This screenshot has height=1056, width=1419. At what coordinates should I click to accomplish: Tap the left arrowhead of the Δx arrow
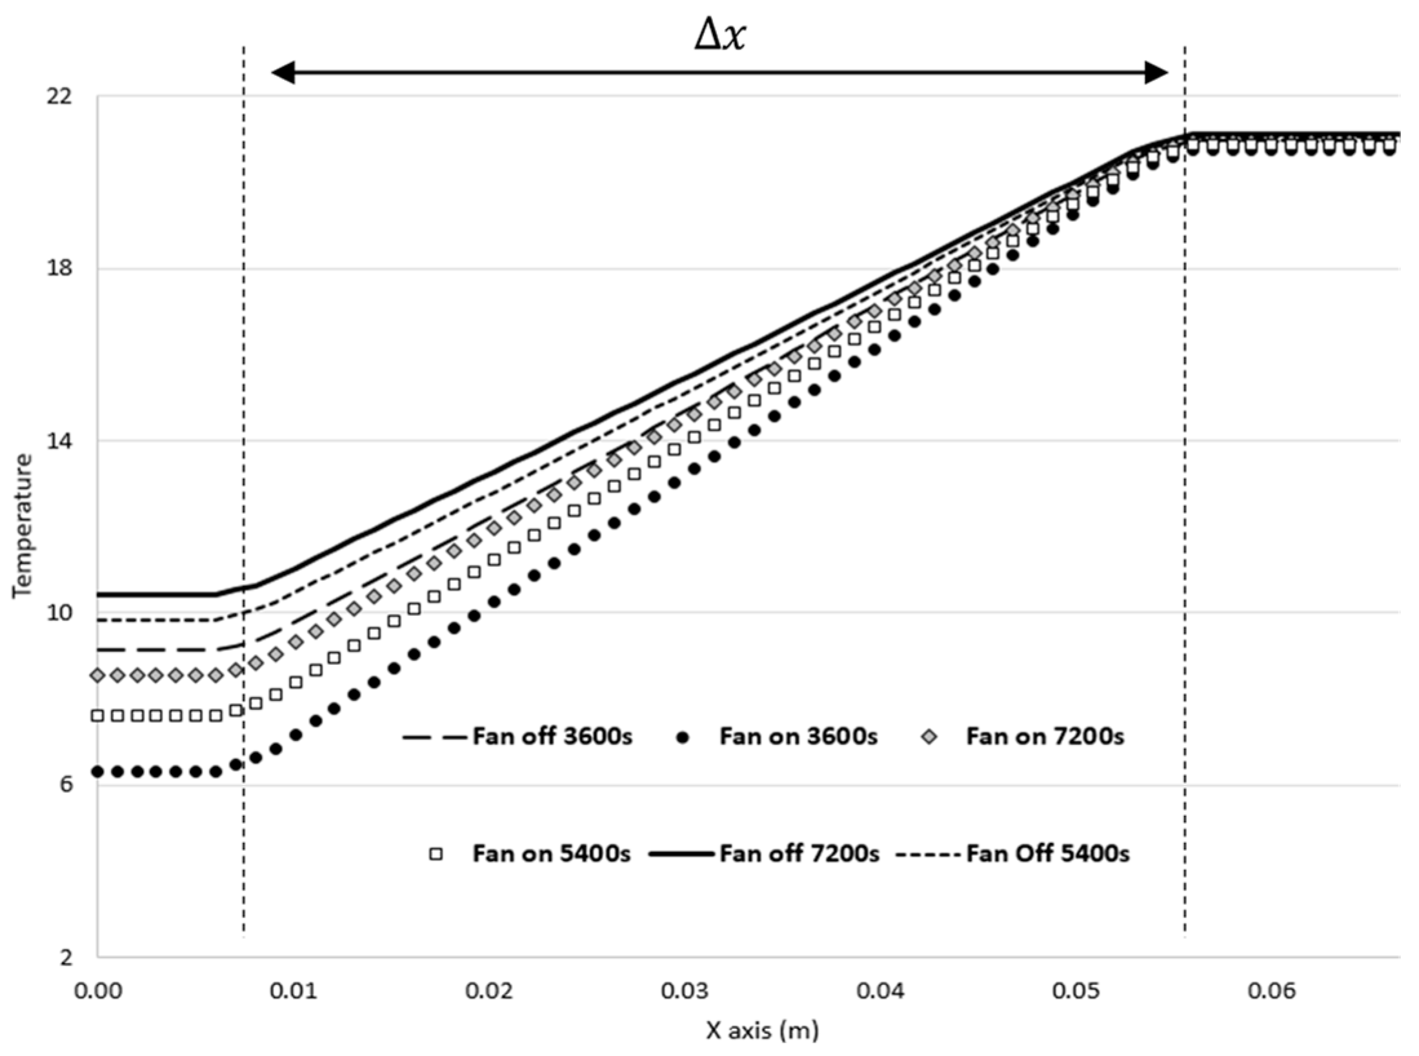point(283,73)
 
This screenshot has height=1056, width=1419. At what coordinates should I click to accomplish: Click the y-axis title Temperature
point(23,526)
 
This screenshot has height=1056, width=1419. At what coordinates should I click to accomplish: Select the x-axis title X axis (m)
point(762,1030)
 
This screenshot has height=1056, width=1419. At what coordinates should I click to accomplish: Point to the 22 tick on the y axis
point(59,97)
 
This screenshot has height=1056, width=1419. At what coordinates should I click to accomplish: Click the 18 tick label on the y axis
point(59,269)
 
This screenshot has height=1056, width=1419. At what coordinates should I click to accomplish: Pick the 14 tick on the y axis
point(59,442)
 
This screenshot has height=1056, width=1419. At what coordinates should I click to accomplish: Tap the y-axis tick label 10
point(59,613)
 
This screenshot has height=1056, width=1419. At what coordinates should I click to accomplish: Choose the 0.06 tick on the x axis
point(1271,991)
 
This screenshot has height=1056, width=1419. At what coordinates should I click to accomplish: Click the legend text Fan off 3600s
point(552,736)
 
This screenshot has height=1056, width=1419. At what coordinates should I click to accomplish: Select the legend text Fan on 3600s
point(798,736)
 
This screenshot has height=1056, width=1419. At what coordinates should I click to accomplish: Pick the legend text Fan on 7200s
point(1045,736)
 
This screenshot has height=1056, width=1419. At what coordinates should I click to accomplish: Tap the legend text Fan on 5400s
point(551,854)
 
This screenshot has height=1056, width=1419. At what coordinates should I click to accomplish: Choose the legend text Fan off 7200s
point(799,854)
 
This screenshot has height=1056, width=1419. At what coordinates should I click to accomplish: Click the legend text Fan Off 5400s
point(1047,854)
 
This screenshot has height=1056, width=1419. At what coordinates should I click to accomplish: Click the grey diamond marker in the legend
point(929,736)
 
